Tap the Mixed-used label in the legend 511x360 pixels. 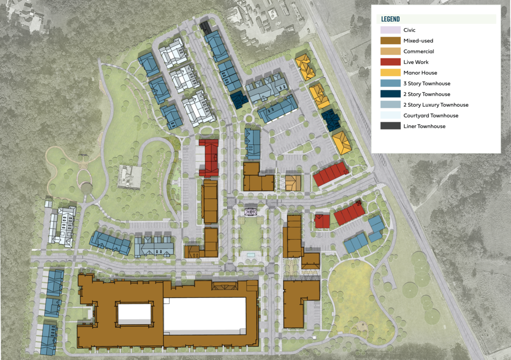pos(418,41)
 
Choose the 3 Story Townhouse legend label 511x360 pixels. pos(427,83)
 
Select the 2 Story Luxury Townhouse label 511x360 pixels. pos(436,105)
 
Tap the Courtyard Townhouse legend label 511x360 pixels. pos(431,115)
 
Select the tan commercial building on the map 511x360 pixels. pos(293,183)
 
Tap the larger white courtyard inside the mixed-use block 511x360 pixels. pos(204,315)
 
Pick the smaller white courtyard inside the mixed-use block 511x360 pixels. pos(134,314)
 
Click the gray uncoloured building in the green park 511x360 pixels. pos(129,176)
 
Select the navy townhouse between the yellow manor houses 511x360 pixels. pos(330,120)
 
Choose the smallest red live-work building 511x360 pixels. pos(322,221)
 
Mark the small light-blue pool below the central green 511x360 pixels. pos(250,254)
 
